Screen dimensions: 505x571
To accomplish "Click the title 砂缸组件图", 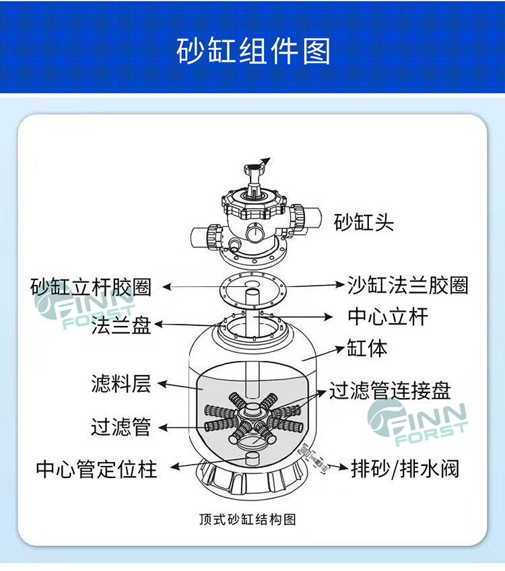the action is click(253, 51).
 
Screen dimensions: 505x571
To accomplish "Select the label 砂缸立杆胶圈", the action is click(92, 287).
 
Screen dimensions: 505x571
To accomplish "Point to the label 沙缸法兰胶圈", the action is click(408, 285).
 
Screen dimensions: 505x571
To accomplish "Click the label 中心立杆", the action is click(388, 316).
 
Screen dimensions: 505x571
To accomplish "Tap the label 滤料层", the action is click(121, 384).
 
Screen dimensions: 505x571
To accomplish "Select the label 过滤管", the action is click(121, 426).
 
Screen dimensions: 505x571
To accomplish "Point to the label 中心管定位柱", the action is click(96, 469).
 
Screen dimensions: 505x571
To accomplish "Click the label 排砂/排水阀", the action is click(405, 469).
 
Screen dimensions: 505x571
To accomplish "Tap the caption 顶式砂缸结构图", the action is click(247, 519).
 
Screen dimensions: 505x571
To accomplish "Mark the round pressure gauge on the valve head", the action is click(255, 232).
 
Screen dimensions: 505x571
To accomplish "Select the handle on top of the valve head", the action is click(254, 177).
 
